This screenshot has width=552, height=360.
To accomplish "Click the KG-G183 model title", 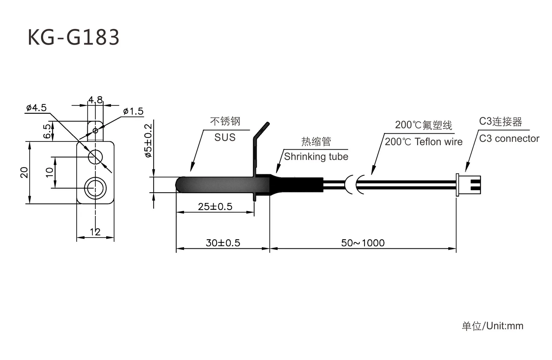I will tap(73, 37).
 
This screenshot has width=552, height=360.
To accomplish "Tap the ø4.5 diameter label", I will tap(36, 108).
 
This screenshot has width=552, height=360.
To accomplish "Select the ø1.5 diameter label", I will tap(133, 111).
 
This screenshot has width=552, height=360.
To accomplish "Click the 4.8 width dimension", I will tap(95, 100).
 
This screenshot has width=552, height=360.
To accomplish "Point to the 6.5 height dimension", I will tap(48, 131).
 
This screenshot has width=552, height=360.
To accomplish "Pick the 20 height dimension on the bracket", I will tap(24, 172).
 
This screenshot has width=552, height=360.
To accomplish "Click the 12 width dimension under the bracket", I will tap(95, 232).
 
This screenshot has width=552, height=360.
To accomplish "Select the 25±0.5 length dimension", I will tap(215, 207).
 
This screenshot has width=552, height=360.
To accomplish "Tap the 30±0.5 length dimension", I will tap(223, 243).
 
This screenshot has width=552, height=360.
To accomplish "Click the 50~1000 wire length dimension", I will tap(363, 243).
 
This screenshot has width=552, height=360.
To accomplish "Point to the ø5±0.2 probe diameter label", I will tap(148, 141).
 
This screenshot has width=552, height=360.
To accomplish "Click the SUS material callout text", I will tap(225, 138).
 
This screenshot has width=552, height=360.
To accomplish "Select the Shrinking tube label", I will tap(316, 157).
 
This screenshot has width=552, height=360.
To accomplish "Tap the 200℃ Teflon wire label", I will tap(424, 142).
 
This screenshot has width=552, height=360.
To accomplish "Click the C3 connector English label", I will tap(509, 139).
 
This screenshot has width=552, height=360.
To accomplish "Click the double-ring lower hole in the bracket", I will tap(95, 188).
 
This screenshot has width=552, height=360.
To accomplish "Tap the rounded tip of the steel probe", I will tap(179, 185).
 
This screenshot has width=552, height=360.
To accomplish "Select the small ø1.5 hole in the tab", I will tap(95, 131).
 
